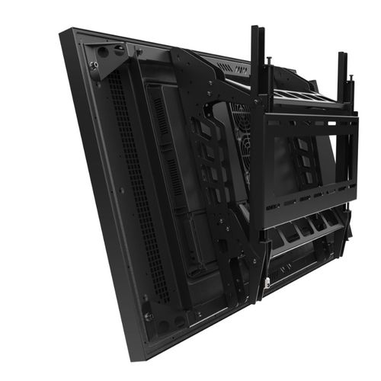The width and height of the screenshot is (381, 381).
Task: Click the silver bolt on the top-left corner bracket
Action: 93,66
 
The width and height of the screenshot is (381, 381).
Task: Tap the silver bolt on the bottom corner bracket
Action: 149,315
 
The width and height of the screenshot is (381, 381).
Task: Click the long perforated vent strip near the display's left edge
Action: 137,190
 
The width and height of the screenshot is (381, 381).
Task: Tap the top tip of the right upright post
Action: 343,55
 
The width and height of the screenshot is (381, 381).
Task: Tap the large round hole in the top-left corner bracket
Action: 102,53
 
